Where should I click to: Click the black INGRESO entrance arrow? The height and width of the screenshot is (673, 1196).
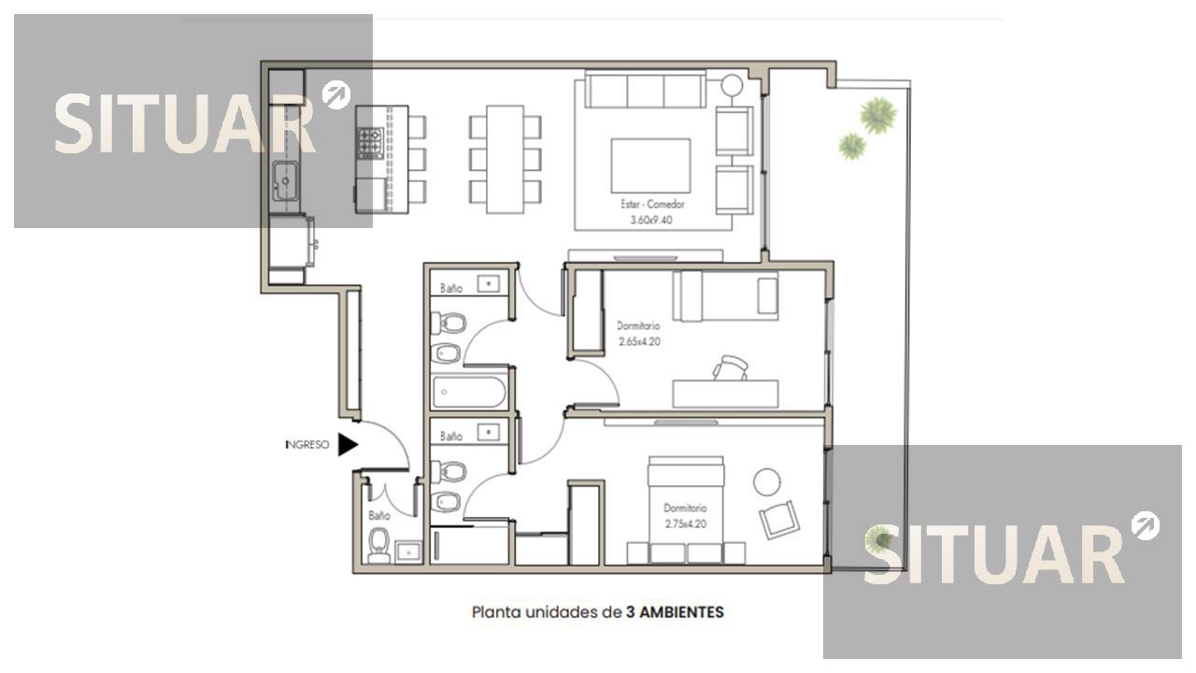point(347,444)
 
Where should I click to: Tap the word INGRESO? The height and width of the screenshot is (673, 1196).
point(307,444)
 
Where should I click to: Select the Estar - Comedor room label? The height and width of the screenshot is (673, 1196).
point(652,204)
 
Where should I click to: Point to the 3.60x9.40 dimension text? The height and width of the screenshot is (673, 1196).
point(651,220)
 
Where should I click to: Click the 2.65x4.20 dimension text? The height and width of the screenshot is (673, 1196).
point(639,341)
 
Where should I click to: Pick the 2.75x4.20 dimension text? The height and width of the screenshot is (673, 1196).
point(686,524)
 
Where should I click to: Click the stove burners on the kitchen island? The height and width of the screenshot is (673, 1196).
point(371,143)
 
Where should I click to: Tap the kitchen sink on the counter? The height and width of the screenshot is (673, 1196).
point(285,180)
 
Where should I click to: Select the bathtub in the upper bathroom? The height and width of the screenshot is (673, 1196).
point(469,393)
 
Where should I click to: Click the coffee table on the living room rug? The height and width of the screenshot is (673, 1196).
point(650,165)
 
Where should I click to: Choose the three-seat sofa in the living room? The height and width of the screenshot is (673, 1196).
point(645,89)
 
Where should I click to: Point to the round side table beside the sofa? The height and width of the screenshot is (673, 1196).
point(732,85)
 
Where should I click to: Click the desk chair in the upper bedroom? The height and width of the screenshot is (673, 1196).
point(730,368)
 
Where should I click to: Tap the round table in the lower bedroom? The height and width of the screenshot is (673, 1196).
point(767,481)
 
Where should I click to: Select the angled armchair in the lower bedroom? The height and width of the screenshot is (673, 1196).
point(779,519)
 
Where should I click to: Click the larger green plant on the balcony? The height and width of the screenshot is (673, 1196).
point(877,115)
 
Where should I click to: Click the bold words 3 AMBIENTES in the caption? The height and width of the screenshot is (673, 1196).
point(675,612)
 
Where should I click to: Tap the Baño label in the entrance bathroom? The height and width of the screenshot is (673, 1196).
point(379,516)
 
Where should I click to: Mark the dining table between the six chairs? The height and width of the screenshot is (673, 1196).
point(505,159)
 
